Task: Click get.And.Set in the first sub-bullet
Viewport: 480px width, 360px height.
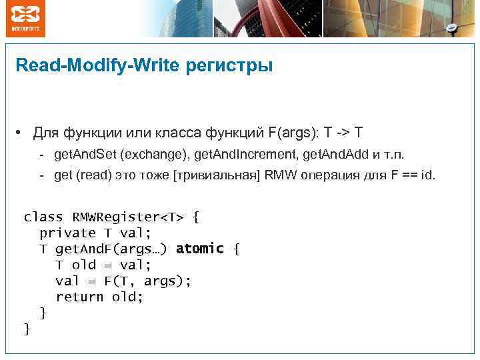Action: pyautogui.click(x=85, y=155)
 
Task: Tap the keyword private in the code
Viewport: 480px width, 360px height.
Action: pyautogui.click(x=68, y=233)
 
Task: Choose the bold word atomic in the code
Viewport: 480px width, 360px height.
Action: pyautogui.click(x=200, y=249)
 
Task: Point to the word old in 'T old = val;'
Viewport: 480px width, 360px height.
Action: pyautogui.click(x=84, y=265)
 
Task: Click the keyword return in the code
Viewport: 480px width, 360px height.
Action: pyautogui.click(x=79, y=297)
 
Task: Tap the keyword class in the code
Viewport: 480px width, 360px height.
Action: pyautogui.click(x=43, y=217)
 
